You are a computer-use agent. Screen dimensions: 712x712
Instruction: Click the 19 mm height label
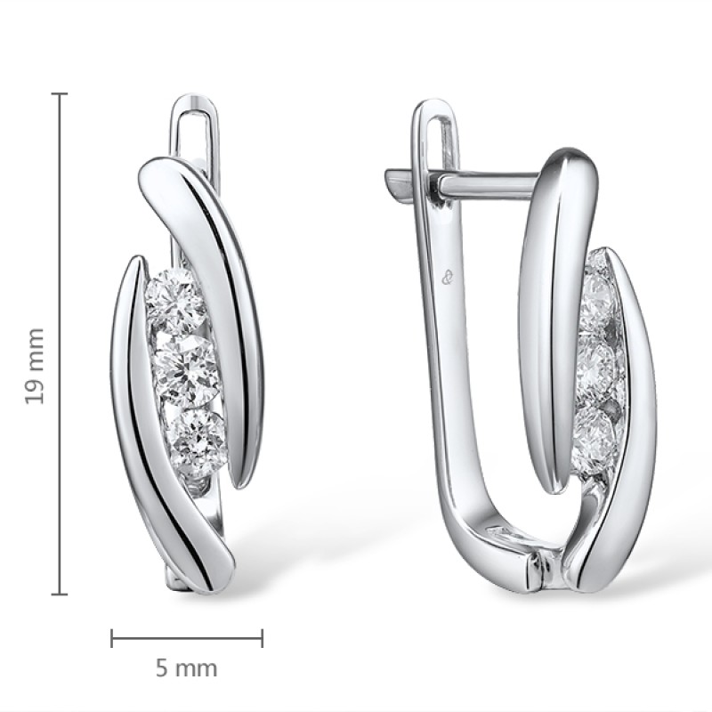[35, 366]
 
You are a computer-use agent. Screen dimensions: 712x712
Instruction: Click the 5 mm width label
[187, 668]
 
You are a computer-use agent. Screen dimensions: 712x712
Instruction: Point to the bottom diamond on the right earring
[593, 433]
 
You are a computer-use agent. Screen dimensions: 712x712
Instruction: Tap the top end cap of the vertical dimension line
[60, 94]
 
